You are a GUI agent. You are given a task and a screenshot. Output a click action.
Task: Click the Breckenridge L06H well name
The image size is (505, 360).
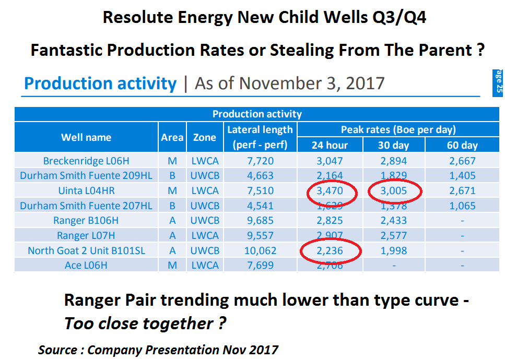[x=86, y=161]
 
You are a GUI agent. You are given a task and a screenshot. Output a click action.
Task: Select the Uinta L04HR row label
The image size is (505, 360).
[x=86, y=191]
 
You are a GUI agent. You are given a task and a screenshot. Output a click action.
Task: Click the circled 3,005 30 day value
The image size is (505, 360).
[x=393, y=191]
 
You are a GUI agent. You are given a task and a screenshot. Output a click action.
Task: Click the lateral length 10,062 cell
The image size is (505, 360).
[x=260, y=251]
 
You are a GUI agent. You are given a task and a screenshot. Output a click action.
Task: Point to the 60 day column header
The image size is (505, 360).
[x=462, y=145]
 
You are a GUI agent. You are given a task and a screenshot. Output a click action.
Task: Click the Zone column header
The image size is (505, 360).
[x=204, y=138]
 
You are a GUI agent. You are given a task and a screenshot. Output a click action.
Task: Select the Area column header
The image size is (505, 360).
[x=172, y=138]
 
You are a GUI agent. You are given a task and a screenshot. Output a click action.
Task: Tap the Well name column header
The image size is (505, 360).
[x=86, y=138]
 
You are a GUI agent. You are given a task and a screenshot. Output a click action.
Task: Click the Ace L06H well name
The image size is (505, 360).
[x=86, y=266]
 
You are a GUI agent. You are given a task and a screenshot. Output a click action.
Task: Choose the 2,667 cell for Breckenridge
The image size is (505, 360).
[x=462, y=161]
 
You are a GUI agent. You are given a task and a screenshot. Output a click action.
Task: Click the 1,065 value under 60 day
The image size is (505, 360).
[x=462, y=206]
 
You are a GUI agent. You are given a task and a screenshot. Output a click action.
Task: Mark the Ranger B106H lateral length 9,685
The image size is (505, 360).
[x=260, y=221]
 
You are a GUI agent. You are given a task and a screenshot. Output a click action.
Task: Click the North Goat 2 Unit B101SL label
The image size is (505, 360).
[x=86, y=251]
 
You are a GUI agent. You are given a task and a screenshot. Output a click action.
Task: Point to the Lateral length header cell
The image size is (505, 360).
[x=260, y=137]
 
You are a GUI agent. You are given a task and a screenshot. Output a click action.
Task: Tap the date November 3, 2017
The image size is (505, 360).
[x=289, y=83]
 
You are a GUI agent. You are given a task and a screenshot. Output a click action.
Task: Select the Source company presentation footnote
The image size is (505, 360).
[x=158, y=349]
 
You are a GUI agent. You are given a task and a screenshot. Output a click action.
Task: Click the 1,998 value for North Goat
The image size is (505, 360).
[x=393, y=251]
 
